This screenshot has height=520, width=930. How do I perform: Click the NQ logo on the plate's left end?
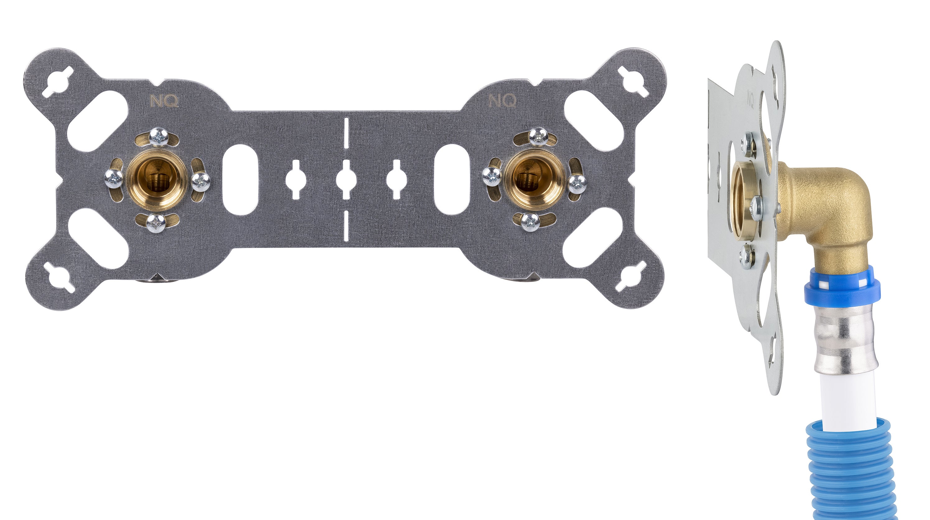click(164, 101)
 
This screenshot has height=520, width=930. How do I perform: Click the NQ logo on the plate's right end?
click(502, 101)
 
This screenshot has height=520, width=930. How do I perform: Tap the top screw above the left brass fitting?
click(159, 137)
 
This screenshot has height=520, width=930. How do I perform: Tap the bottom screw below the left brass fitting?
click(156, 223)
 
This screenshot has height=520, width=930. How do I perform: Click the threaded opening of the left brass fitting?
click(157, 180)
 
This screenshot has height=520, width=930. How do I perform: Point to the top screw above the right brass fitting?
click(538, 137)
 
